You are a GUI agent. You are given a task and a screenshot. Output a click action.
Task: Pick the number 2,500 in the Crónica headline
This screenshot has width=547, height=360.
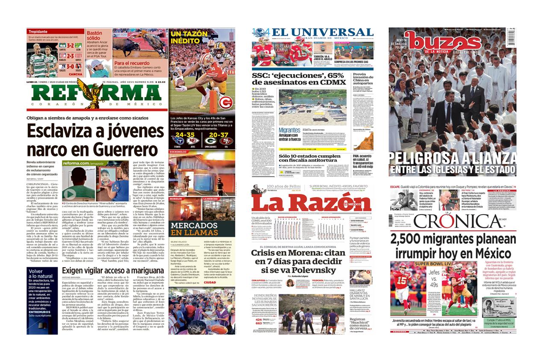click(x=411, y=239)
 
